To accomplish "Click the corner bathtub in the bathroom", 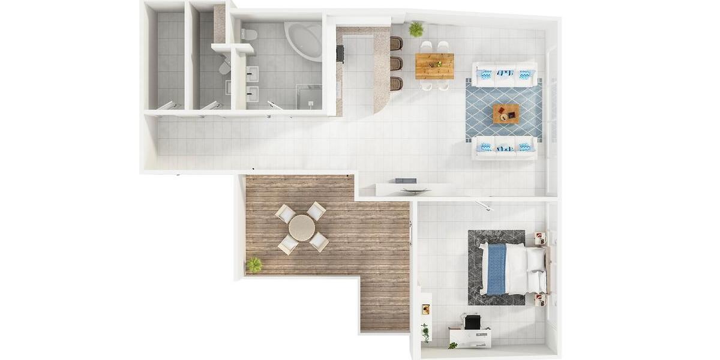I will click(305, 40).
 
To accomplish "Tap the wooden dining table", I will click(434, 66).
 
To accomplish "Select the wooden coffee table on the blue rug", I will click(506, 113).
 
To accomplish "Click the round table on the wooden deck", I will click(302, 227).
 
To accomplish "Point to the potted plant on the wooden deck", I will click(254, 265).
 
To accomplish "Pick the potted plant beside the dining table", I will click(416, 29).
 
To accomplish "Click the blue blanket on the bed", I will click(496, 269).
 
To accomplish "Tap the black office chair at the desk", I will click(473, 323).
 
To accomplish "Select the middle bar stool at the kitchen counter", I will click(397, 63).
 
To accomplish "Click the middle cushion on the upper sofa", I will click(504, 74).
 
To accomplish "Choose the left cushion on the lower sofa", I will click(485, 147).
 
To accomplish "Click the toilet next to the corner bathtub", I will click(249, 34).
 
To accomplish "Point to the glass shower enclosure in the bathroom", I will click(310, 97).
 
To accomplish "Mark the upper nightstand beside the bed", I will click(539, 238).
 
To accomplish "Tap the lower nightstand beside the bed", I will click(540, 299).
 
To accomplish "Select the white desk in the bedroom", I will click(470, 337).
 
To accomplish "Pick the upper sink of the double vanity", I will click(252, 74).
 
